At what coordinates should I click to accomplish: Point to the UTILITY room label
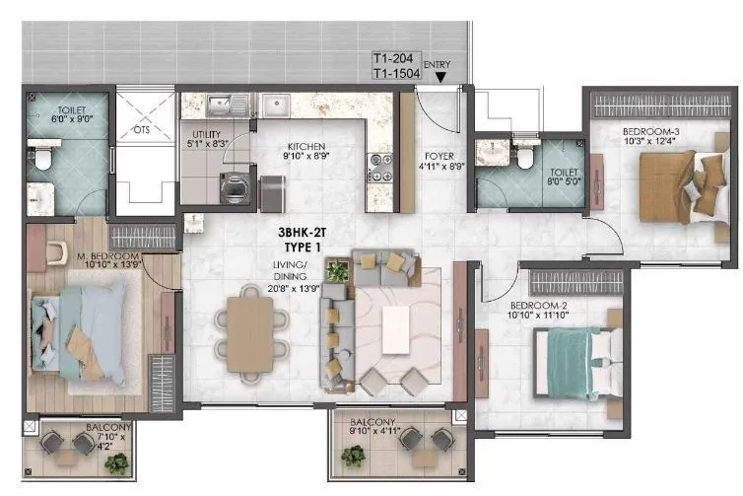(x=206, y=134)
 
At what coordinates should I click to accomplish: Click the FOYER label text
(x=439, y=156)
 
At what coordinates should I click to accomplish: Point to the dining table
(x=250, y=335)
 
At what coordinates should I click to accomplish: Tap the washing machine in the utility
(x=234, y=187)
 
